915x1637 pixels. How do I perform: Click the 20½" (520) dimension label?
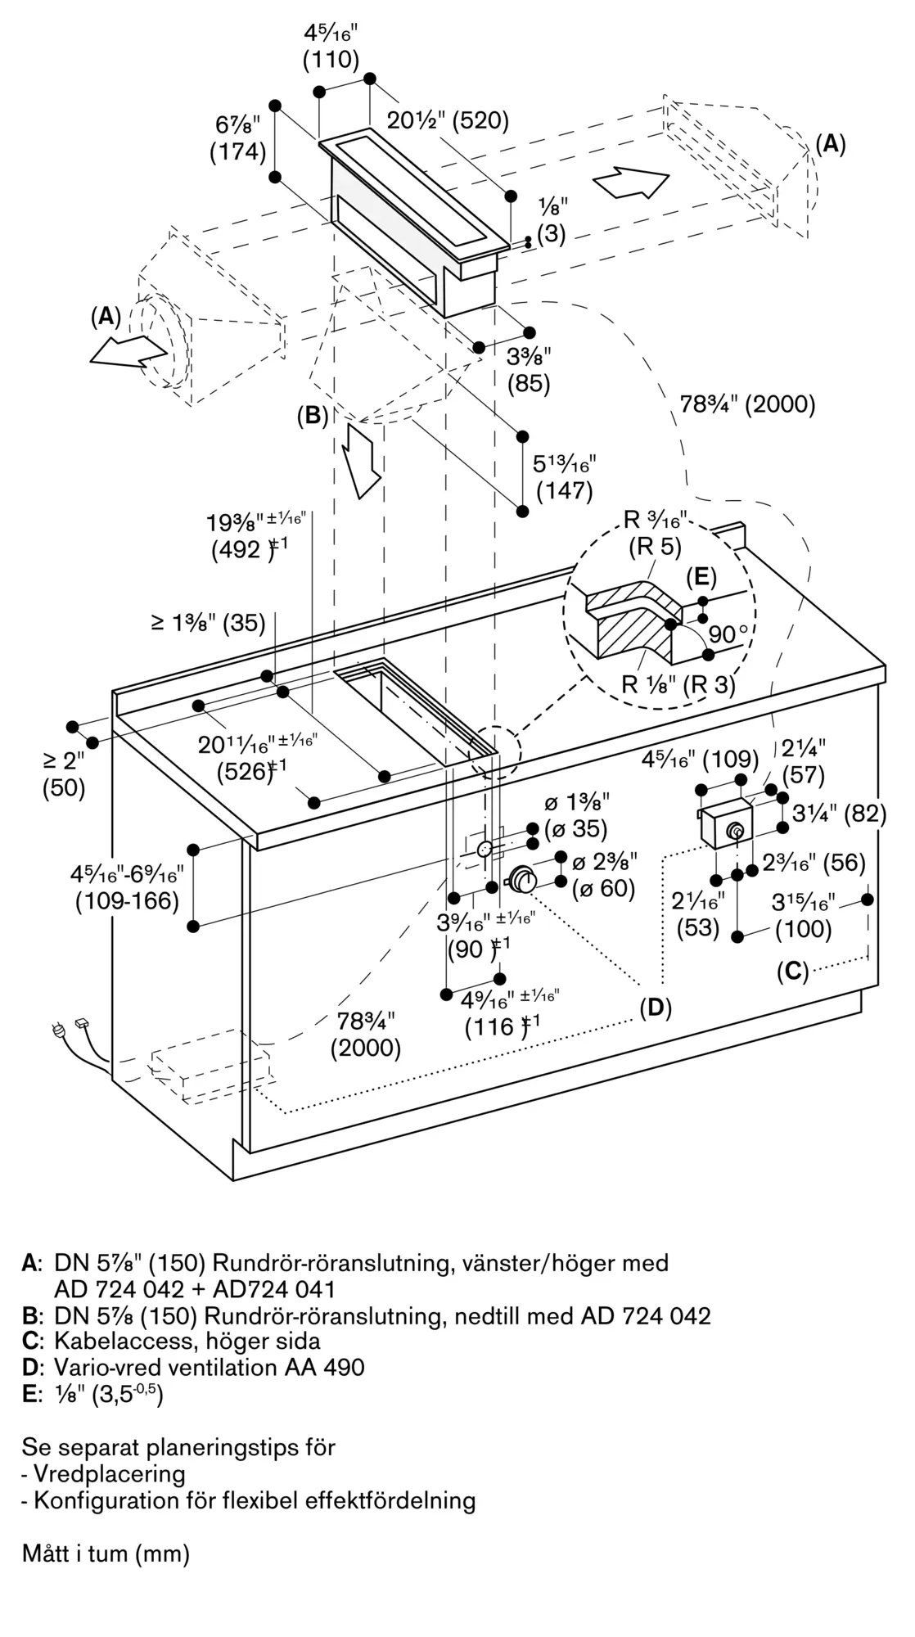pyautogui.click(x=448, y=120)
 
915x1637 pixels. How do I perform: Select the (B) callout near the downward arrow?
pyautogui.click(x=312, y=416)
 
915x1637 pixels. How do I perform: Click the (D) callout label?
pyautogui.click(x=655, y=1008)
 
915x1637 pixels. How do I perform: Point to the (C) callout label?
pyautogui.click(x=792, y=971)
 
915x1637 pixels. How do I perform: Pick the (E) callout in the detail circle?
pyautogui.click(x=701, y=577)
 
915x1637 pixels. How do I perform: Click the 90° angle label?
pyautogui.click(x=729, y=634)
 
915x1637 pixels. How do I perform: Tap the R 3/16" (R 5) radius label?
pyautogui.click(x=655, y=532)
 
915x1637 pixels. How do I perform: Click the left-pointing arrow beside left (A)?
pyautogui.click(x=128, y=350)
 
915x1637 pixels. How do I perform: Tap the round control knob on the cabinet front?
pyautogui.click(x=521, y=881)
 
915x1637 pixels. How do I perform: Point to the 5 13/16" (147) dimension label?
pyautogui.click(x=564, y=477)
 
